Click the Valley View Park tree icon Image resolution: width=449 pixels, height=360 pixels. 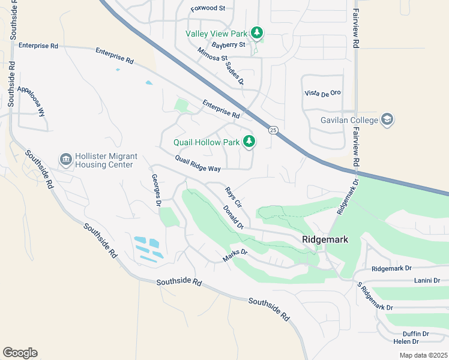[257, 32]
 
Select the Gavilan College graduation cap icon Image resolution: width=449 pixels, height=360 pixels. [387, 120]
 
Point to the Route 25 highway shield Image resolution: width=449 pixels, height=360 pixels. [273, 130]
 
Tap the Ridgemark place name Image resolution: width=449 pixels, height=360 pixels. [325, 239]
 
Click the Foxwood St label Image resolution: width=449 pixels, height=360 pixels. [207, 9]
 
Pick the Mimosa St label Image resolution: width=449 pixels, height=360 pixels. [213, 59]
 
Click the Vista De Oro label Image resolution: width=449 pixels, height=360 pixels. [322, 92]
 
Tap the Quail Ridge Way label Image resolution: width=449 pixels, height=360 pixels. [198, 164]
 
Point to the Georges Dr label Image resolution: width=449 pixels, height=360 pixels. [155, 190]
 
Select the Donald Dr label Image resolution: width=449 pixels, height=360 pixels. [233, 217]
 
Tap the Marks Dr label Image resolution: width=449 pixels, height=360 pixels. [235, 256]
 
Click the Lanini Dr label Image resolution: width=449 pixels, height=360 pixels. [427, 280]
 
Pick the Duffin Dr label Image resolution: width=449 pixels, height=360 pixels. [415, 334]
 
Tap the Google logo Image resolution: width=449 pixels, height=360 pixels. [20, 353]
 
